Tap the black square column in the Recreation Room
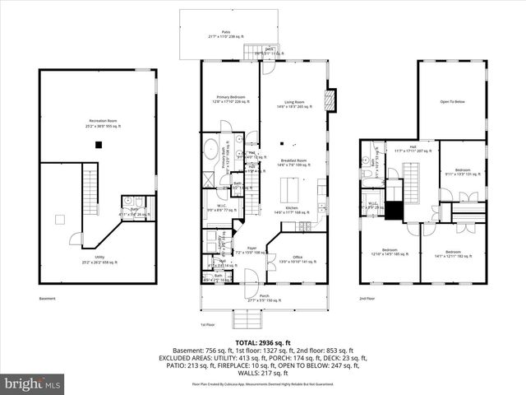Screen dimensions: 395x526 click(x=99, y=145)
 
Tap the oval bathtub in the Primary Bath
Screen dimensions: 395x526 click(x=210, y=151)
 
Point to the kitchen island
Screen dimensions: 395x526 click(x=302, y=191)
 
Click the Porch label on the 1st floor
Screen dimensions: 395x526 click(x=264, y=297)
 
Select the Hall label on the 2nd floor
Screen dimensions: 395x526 click(x=413, y=149)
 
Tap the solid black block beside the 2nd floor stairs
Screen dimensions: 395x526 click(x=397, y=211)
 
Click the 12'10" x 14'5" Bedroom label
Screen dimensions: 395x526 click(x=389, y=251)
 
